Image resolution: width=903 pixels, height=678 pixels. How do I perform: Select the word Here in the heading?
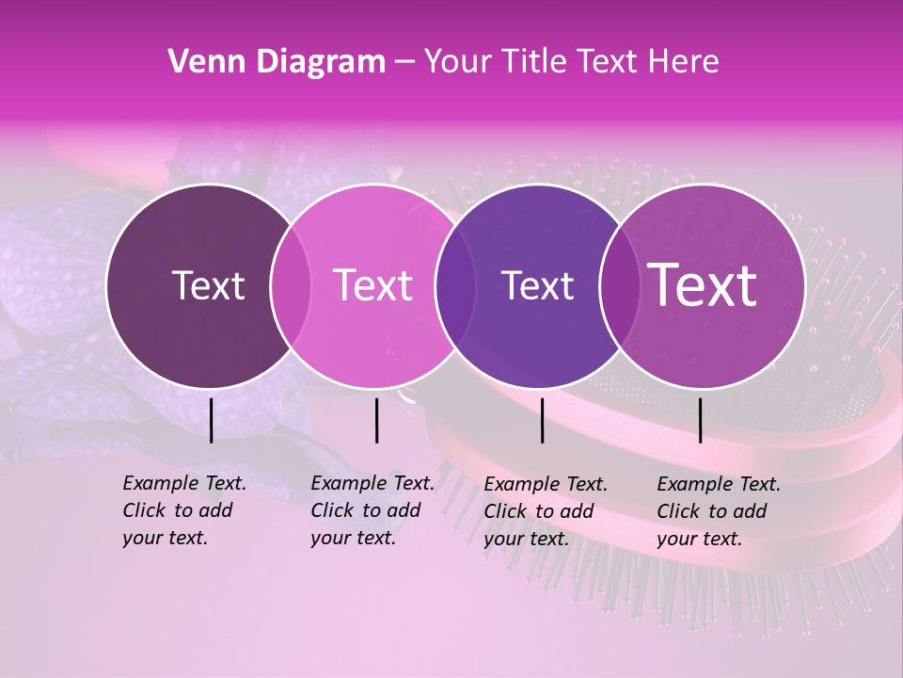pos(685,62)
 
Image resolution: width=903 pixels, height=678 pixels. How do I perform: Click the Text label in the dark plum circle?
pos(208,285)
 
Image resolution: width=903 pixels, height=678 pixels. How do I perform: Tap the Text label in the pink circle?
pos(373,285)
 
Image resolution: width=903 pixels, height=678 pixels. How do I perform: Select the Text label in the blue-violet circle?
pos(537,285)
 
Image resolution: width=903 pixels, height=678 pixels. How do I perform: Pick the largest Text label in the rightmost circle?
pos(703,285)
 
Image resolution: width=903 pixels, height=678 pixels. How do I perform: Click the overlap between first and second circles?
pos(291,286)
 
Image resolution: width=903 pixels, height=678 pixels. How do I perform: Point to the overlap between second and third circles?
pos(454,286)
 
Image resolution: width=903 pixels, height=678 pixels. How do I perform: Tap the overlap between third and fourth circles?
pos(619,286)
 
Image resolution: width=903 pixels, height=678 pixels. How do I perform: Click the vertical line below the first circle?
pos(212,420)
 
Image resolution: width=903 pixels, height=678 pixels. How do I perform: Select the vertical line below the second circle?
pos(376,420)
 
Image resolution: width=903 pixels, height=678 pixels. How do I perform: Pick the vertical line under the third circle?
pos(543,420)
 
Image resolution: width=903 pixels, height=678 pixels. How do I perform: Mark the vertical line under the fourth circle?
pos(701,420)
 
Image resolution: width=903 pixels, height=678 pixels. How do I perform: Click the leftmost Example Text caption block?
pos(183,510)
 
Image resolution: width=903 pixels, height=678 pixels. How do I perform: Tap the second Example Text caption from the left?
pos(372,510)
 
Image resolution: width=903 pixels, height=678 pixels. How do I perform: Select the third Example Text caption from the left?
pos(545,511)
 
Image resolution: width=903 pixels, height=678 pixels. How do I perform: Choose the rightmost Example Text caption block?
pos(718,511)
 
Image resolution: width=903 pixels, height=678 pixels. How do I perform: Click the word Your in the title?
pos(458,62)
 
